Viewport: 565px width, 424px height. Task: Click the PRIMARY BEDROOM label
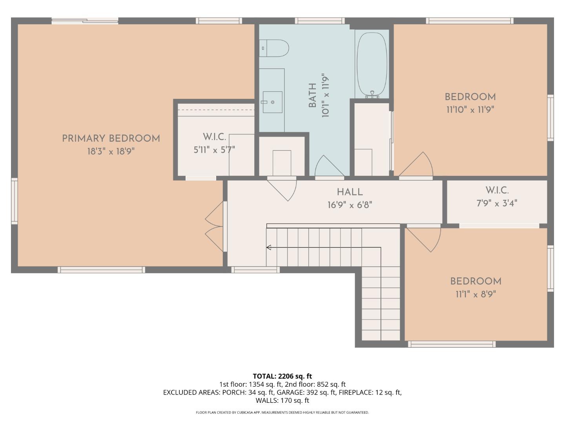coord(111,139)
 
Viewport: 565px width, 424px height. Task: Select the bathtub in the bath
coord(372,64)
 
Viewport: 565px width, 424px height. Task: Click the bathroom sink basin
coord(272,102)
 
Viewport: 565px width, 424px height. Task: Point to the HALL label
coord(350,192)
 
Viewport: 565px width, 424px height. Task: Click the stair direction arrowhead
coord(269,247)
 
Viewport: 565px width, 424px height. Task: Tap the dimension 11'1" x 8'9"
coord(476,294)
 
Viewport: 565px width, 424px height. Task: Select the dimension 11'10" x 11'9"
coord(470,110)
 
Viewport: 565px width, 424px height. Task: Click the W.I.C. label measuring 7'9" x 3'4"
coord(497,190)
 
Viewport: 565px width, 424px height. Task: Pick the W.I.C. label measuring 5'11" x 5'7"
coord(214,137)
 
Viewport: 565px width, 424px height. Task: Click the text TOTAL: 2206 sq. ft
coord(282,376)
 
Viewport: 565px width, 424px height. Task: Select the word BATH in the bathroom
coord(312,95)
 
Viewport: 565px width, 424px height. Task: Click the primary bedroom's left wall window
coord(15,201)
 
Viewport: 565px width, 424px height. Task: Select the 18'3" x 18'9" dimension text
coord(111,152)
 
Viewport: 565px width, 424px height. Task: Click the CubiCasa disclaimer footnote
coord(282,413)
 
